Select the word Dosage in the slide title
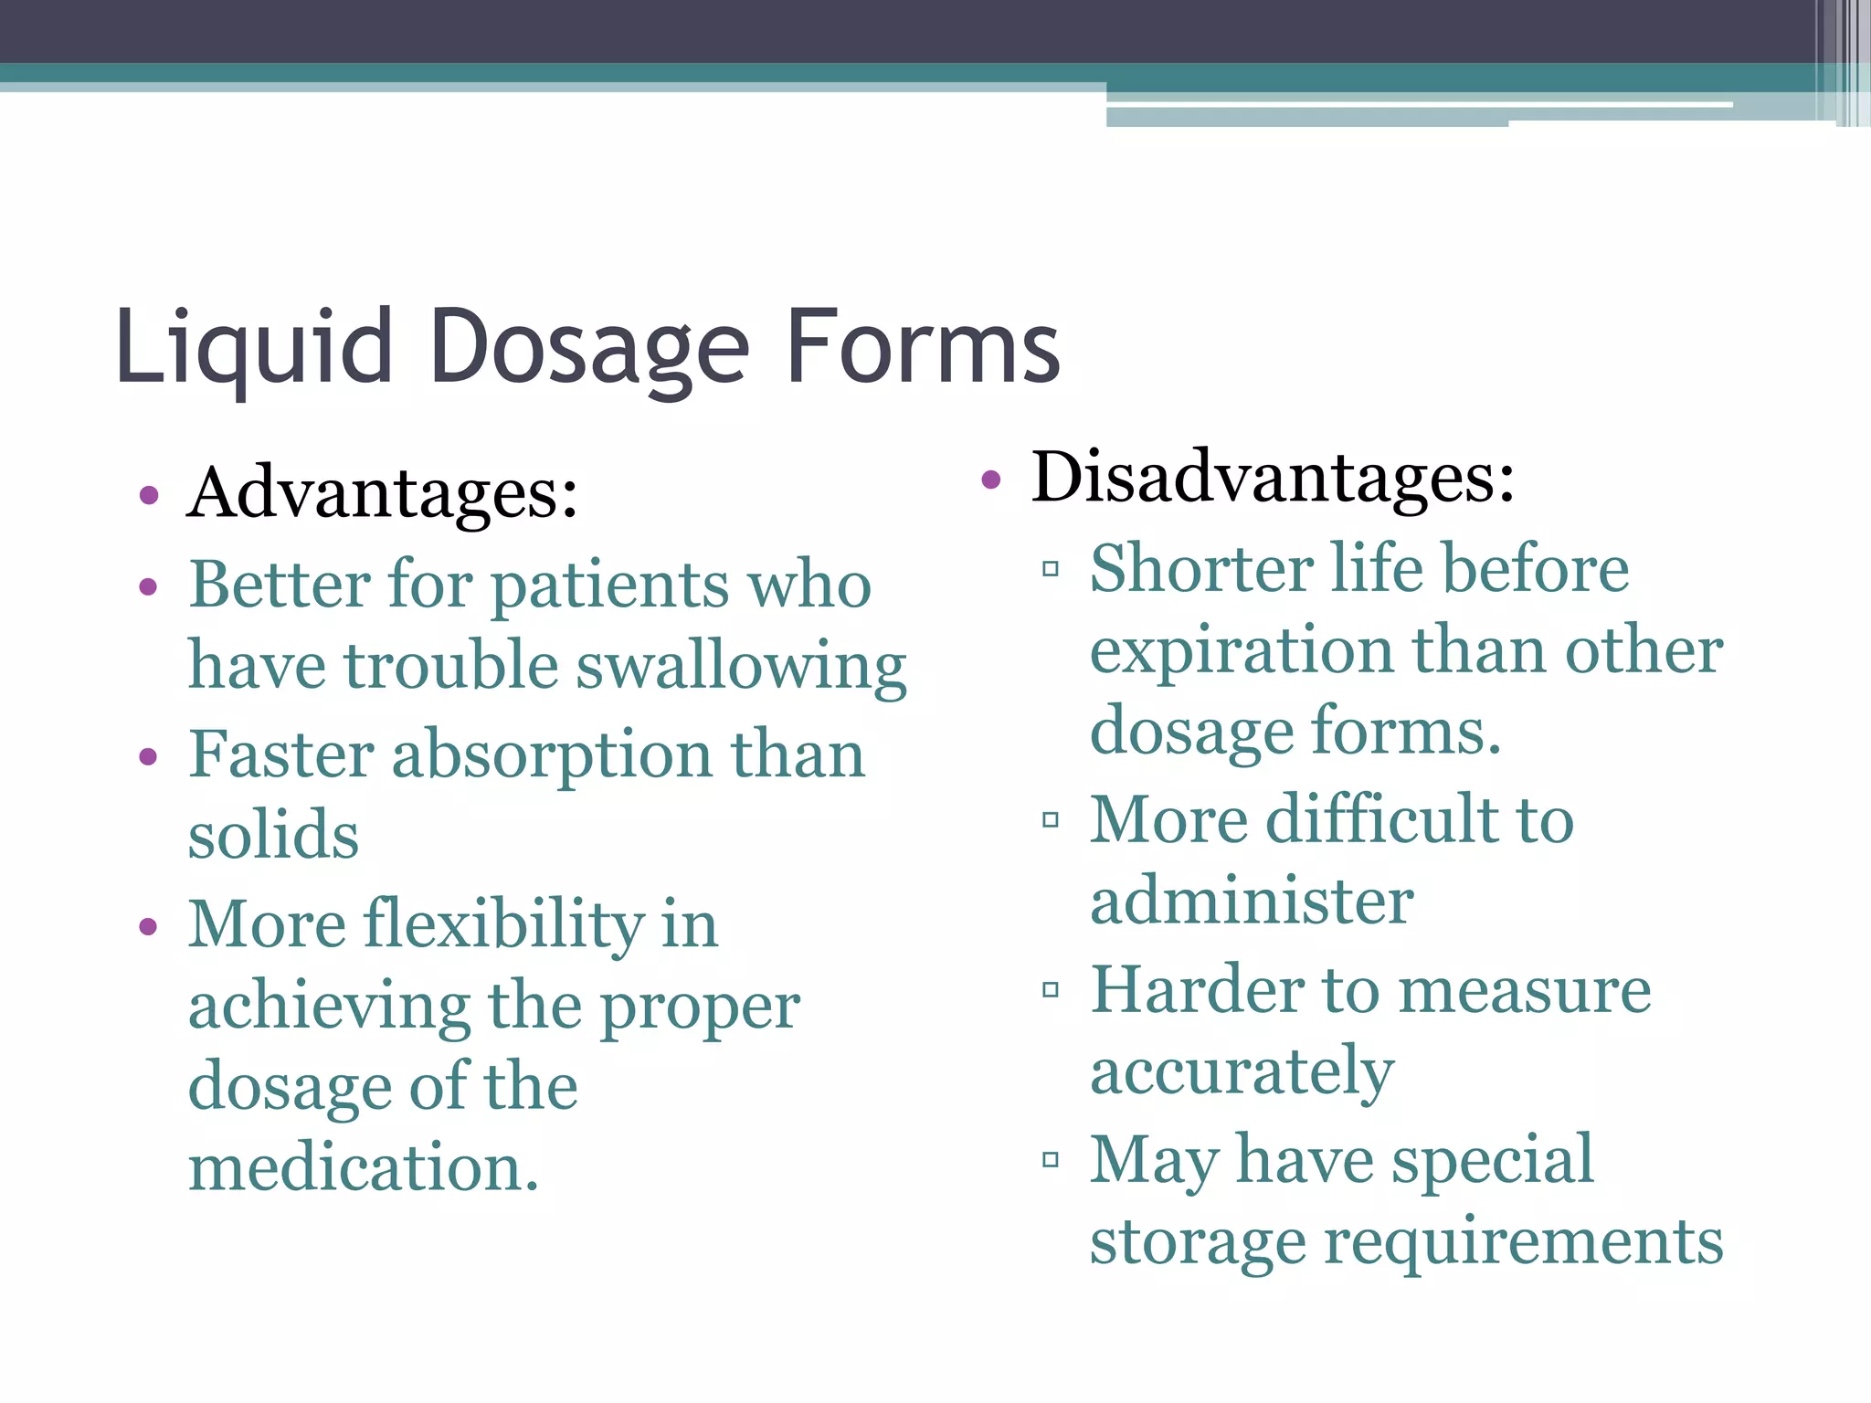pos(589,349)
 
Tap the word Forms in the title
pos(923,347)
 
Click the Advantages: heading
pos(383,493)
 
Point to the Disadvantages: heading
pos(1273,478)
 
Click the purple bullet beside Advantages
pos(149,497)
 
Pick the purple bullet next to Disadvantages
pos(991,480)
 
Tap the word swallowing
pos(742,667)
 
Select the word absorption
pos(552,755)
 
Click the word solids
pos(273,835)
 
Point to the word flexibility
pos(504,924)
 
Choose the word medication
pos(363,1168)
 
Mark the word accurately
pos(1242,1072)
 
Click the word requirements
pos(1523,1242)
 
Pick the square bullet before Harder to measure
pos(1051,989)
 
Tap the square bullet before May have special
pos(1051,1160)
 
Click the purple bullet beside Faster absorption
pos(149,757)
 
